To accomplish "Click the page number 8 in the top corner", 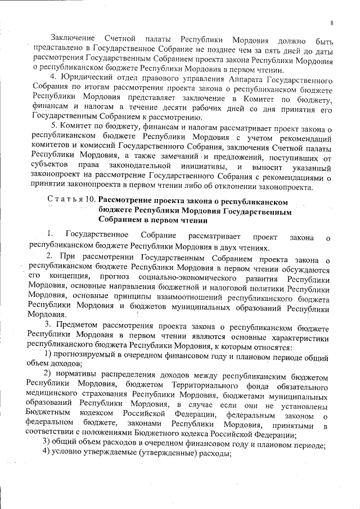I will tap(332, 23).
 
